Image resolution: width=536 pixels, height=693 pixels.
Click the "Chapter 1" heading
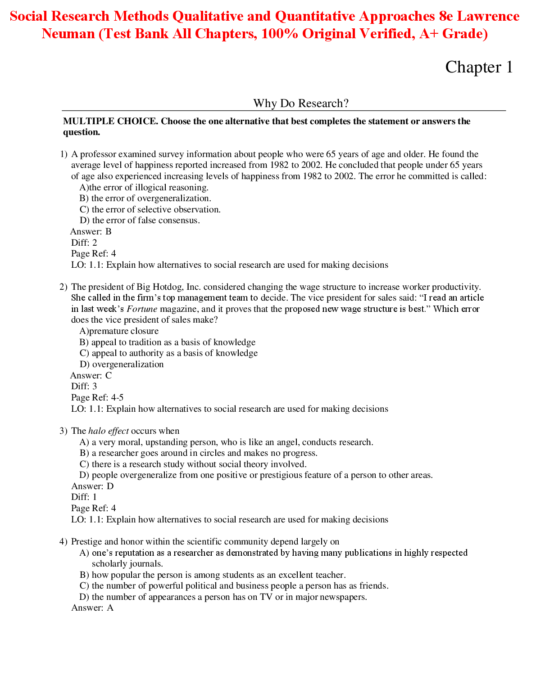479,67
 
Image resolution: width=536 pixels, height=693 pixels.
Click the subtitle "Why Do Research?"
301,103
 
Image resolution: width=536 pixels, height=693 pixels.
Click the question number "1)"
64,154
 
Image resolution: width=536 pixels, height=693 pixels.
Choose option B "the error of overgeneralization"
145,198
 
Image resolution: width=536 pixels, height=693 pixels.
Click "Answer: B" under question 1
91,232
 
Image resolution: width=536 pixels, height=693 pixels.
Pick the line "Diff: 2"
84,243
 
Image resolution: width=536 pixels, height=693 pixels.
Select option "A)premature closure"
119,331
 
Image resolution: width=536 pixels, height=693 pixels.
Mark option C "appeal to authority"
169,353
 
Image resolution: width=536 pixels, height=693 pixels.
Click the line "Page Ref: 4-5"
97,398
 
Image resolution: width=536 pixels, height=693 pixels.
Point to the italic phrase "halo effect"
109,431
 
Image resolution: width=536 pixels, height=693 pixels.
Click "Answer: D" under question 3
92,486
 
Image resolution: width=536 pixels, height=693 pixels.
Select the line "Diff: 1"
84,497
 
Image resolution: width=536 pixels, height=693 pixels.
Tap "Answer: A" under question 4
92,608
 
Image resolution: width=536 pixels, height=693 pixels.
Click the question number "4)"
64,542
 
